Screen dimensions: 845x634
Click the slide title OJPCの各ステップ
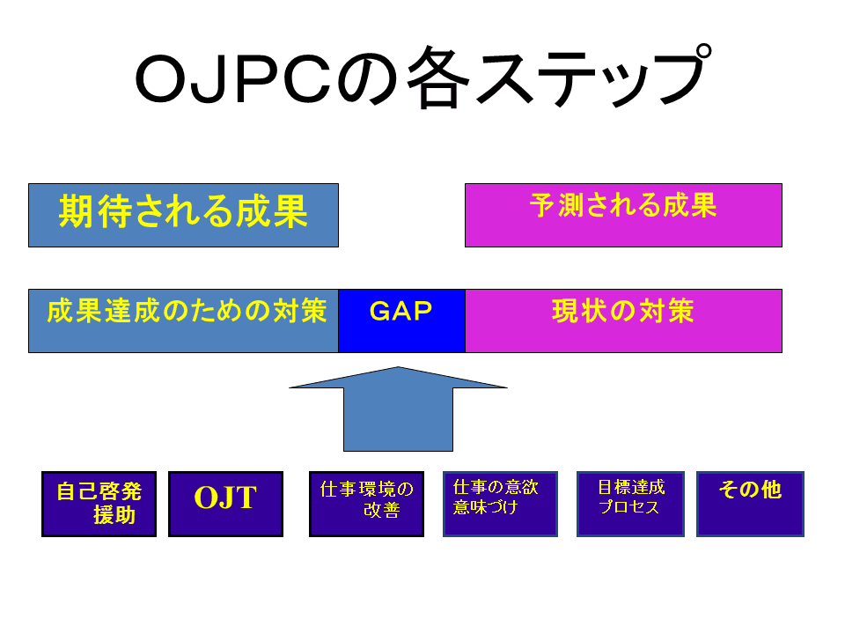423,77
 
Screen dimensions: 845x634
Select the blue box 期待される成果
183,215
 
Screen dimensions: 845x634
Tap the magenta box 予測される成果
623,215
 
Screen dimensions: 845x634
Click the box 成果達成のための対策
183,321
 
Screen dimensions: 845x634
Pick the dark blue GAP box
401,321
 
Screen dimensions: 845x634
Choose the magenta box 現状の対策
623,321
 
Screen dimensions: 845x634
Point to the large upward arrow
398,409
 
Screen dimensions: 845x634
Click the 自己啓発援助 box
99,504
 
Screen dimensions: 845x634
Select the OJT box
226,504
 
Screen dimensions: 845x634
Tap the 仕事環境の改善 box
366,504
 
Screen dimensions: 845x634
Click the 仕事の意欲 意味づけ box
500,504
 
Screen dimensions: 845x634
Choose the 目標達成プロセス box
630,504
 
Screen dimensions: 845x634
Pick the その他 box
750,504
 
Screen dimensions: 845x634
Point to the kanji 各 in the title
438,77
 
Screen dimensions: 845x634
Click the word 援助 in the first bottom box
114,515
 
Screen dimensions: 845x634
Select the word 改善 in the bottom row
381,510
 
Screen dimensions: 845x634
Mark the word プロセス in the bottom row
628,507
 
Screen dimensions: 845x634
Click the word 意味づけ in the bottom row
485,507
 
